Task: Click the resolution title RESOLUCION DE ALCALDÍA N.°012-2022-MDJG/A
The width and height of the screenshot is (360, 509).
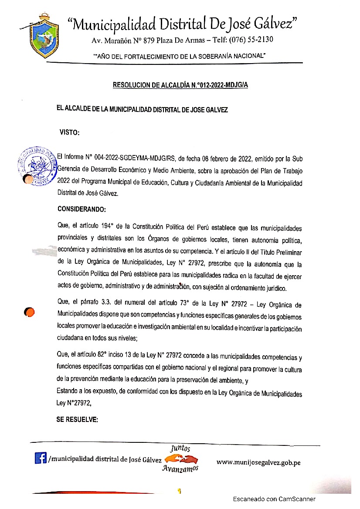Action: (x=180, y=85)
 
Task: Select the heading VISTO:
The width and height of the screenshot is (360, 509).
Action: (x=69, y=133)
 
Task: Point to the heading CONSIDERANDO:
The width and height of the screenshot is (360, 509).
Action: (x=82, y=209)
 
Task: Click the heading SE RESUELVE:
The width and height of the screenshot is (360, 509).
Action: (x=77, y=420)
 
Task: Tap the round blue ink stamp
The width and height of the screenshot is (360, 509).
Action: (x=38, y=166)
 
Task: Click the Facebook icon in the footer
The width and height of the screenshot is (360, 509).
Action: (x=41, y=458)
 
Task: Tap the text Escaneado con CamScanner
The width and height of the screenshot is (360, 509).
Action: (x=274, y=499)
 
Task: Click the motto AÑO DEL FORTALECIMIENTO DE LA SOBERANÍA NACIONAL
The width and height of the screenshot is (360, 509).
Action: (x=180, y=56)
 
